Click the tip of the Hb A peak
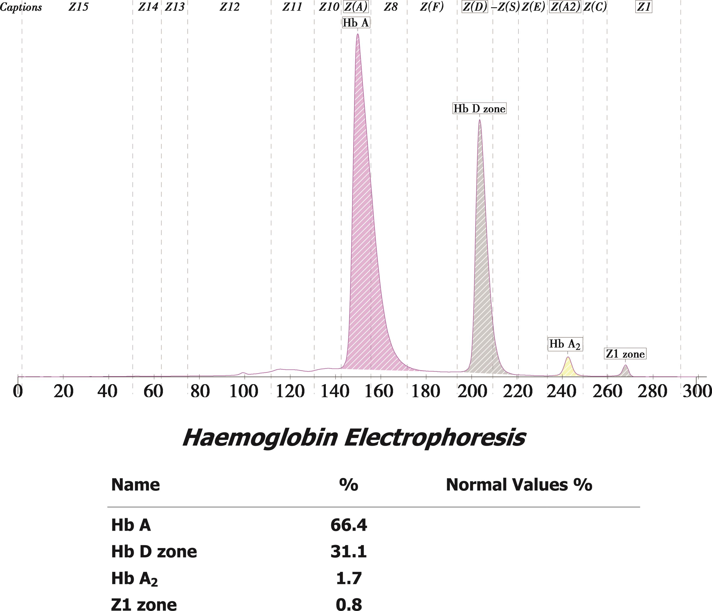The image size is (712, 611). [x=358, y=34]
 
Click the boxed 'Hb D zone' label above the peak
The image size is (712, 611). [x=479, y=109]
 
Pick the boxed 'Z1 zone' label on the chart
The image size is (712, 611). [x=625, y=354]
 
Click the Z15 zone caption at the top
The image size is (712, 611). [x=78, y=7]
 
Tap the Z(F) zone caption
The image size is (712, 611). [x=432, y=7]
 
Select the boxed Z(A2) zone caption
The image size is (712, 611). [x=565, y=7]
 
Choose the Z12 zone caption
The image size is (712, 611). [x=229, y=7]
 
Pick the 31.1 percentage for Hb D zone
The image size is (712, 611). [x=349, y=552]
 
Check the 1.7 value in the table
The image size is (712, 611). [x=349, y=578]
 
